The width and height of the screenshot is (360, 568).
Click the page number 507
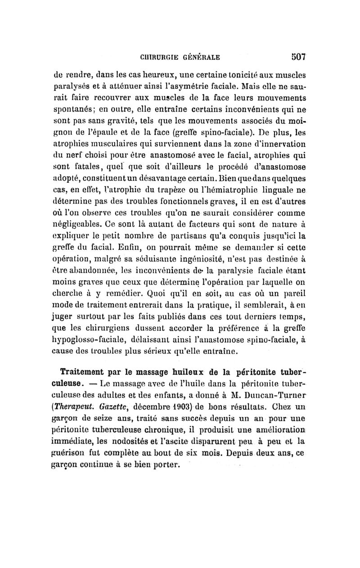pos(296,57)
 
